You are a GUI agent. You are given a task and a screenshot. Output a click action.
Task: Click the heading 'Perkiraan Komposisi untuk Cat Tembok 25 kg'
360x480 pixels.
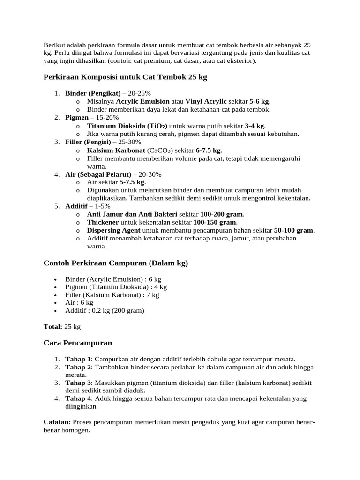pos(125,77)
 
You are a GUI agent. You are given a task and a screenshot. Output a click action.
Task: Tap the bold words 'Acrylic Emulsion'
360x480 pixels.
pos(143,101)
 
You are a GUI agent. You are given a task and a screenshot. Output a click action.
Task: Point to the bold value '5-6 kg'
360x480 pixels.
pos(260,101)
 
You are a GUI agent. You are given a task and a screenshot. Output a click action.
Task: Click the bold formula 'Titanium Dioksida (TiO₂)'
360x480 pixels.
pos(127,126)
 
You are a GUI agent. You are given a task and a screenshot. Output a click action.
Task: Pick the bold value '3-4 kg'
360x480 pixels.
pos(255,126)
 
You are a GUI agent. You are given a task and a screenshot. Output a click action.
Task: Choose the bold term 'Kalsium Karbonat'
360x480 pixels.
pos(116,150)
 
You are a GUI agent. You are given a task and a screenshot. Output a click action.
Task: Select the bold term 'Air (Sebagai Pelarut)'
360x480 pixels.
pos(98,174)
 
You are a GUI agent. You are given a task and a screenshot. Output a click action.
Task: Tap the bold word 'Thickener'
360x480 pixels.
pos(103,222)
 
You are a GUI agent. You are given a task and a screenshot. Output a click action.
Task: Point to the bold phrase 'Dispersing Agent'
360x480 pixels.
pos(113,230)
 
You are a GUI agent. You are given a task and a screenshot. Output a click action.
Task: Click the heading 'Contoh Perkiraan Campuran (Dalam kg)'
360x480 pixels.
pos(115,263)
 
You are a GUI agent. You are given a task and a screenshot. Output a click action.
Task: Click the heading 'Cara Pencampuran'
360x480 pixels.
pos(78,343)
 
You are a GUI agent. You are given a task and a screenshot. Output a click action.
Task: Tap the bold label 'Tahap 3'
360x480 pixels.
pos(78,382)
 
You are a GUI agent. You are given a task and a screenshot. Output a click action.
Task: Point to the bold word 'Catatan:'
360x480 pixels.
pos(57,422)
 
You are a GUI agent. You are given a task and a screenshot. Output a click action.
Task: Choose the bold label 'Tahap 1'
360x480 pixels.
pos(78,359)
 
